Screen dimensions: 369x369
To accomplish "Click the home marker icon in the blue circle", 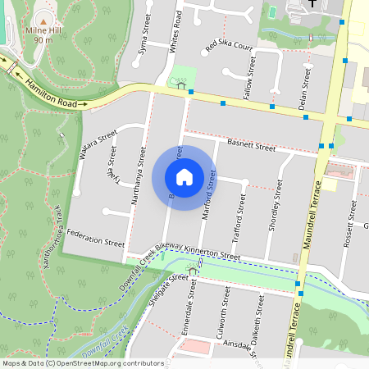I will (x=184, y=176).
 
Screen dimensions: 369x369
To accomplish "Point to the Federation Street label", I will (x=96, y=244).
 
